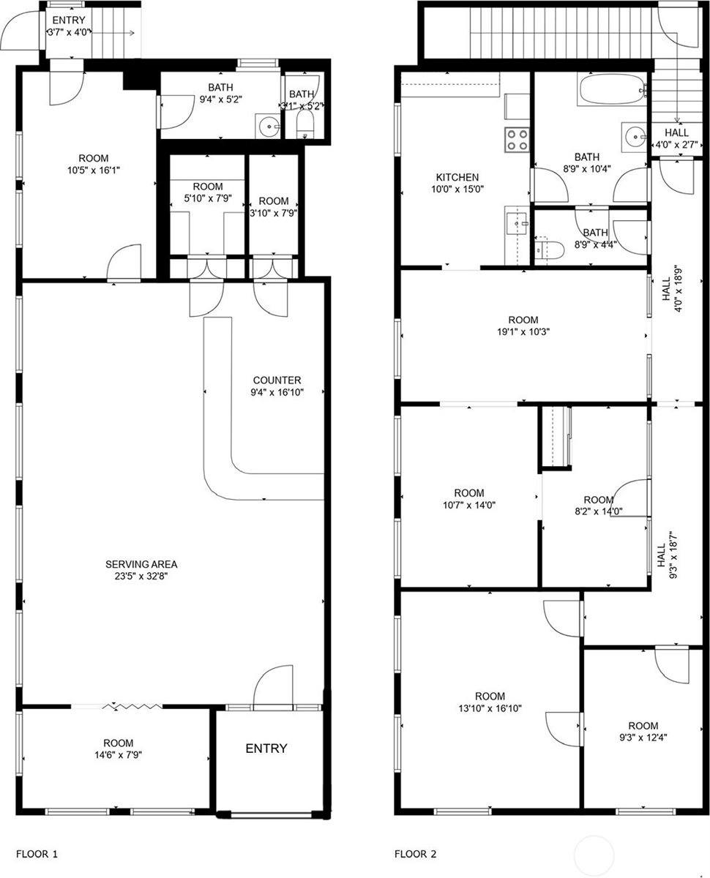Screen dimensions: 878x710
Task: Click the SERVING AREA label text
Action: tap(141, 564)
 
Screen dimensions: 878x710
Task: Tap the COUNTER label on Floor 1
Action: tap(277, 380)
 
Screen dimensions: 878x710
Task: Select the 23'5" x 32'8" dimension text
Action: tap(141, 576)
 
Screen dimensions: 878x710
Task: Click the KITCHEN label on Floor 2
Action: tap(457, 177)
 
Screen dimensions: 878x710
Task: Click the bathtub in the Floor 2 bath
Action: tap(612, 91)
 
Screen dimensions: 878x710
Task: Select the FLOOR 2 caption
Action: tap(416, 854)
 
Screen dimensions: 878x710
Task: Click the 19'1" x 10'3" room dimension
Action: tap(523, 331)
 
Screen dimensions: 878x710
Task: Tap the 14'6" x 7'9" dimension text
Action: tap(118, 754)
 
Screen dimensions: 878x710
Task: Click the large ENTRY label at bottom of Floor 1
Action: tap(266, 748)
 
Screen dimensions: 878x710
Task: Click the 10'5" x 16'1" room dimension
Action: tap(94, 170)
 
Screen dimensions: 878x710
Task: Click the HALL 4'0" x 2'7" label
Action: tap(676, 138)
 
